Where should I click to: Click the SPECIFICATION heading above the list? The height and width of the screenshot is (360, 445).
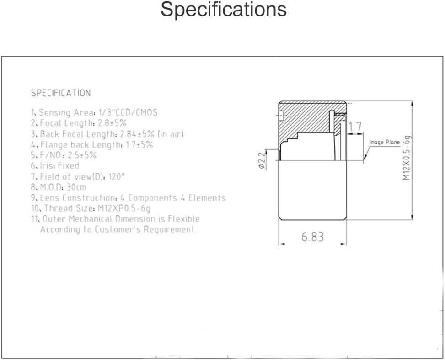(61, 93)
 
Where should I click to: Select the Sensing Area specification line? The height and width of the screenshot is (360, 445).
(94, 112)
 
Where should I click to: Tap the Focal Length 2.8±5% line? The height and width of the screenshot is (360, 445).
(79, 123)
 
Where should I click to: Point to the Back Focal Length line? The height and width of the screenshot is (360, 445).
(107, 134)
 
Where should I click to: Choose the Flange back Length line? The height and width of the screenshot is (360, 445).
(92, 144)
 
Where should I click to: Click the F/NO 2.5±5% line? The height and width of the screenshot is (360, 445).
(64, 155)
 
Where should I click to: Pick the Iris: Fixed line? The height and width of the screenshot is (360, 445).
(55, 165)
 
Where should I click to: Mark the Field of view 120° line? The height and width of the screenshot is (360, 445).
(78, 177)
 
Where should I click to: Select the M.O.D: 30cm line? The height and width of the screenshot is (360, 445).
(59, 187)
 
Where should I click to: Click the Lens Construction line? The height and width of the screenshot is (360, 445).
(128, 197)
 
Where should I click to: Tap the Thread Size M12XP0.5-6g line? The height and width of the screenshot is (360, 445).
(91, 208)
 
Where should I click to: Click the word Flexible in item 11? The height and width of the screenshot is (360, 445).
(183, 219)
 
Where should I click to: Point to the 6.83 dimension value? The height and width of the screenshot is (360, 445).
(312, 237)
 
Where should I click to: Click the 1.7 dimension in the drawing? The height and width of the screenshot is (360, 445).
(355, 127)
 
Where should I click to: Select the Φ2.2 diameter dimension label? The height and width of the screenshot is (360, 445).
(262, 160)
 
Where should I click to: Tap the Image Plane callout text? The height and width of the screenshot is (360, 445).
(385, 142)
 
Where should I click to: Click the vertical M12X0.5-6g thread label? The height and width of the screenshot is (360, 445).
(407, 158)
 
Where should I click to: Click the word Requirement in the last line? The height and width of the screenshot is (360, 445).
(170, 229)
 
